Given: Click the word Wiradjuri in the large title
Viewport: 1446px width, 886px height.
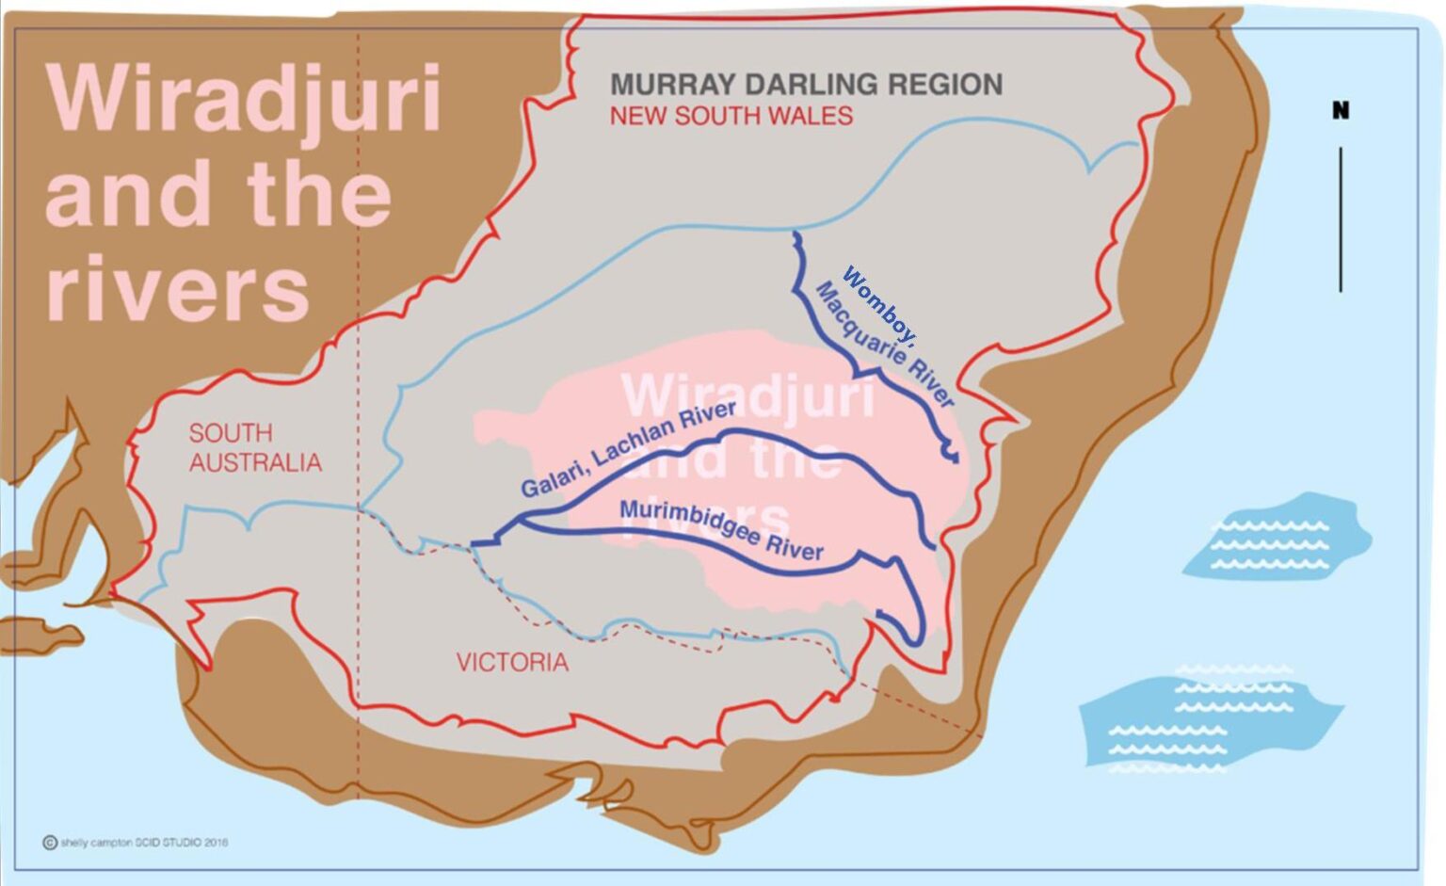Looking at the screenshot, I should pyautogui.click(x=243, y=98).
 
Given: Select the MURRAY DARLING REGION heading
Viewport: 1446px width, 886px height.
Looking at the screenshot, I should pyautogui.click(x=806, y=85).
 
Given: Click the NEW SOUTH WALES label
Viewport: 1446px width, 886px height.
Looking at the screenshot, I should pyautogui.click(x=731, y=117).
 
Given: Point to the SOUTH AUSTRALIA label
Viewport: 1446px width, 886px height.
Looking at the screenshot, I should pyautogui.click(x=254, y=447).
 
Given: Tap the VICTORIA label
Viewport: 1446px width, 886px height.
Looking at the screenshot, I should pyautogui.click(x=512, y=663).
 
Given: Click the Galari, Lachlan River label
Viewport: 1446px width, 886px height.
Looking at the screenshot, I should pyautogui.click(x=628, y=449).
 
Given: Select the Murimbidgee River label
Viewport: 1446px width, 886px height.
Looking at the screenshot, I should pyautogui.click(x=721, y=530).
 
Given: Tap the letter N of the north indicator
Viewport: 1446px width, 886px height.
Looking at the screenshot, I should pyautogui.click(x=1341, y=111).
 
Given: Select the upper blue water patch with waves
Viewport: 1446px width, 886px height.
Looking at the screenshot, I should pyautogui.click(x=1276, y=539).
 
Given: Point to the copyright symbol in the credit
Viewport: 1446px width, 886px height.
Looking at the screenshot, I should pyautogui.click(x=50, y=842).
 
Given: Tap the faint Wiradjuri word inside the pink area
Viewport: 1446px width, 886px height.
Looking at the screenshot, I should pyautogui.click(x=748, y=395).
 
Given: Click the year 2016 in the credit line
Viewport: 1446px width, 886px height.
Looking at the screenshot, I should pyautogui.click(x=216, y=843).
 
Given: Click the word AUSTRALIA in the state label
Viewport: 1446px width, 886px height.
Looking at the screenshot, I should pyautogui.click(x=255, y=462).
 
